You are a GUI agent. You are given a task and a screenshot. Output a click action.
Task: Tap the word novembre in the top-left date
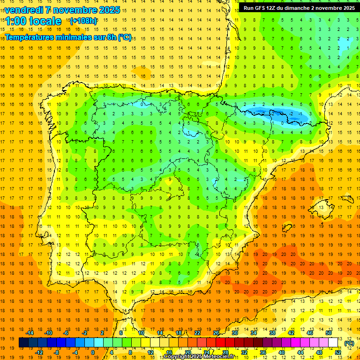pos(74,10)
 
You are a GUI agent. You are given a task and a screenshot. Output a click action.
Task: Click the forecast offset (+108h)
pos(83,21)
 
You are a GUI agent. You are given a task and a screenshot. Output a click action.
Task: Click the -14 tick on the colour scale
pos(30,333)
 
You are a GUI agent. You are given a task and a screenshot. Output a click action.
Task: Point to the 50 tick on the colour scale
pos(329,333)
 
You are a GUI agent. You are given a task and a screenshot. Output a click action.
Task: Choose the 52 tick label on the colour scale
pos(337,352)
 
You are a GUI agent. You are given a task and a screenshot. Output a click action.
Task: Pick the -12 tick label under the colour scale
pos(39,352)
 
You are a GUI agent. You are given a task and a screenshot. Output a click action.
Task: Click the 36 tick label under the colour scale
pos(262,352)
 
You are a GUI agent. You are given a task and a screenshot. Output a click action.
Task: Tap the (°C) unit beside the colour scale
pos(349,343)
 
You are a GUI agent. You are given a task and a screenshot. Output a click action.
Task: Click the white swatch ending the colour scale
pos(333,343)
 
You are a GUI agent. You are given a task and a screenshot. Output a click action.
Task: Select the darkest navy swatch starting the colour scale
pos(23,343)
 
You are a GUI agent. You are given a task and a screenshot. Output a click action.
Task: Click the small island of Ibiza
pos(285,228)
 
